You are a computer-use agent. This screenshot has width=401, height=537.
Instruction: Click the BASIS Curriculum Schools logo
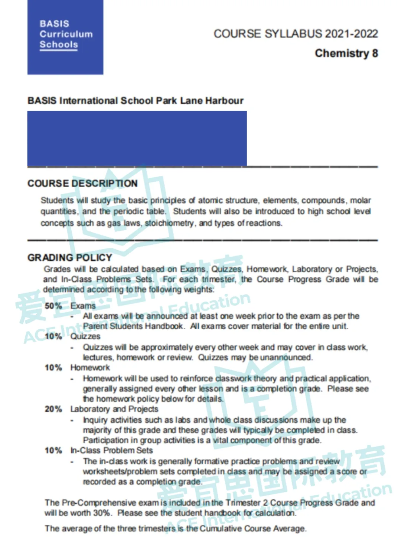pyautogui.click(x=65, y=37)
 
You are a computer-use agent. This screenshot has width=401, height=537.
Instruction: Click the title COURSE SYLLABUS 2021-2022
pyautogui.click(x=296, y=34)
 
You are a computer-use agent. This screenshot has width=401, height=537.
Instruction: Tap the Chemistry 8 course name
pyautogui.click(x=346, y=53)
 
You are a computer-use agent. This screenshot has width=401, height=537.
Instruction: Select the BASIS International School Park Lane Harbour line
pyautogui.click(x=136, y=101)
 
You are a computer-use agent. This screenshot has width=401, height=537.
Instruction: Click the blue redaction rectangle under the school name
pyautogui.click(x=137, y=138)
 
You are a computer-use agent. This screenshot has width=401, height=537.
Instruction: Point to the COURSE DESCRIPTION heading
pyautogui.click(x=82, y=184)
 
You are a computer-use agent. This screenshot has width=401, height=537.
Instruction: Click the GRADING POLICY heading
pyautogui.click(x=70, y=257)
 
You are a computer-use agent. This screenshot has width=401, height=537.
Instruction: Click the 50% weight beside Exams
pyautogui.click(x=53, y=306)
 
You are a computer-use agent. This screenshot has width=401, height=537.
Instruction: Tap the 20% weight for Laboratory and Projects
pyautogui.click(x=53, y=409)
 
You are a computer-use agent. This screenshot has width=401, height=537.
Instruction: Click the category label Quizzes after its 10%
pyautogui.click(x=85, y=336)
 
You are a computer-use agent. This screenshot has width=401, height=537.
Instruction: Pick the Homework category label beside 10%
pyautogui.click(x=90, y=368)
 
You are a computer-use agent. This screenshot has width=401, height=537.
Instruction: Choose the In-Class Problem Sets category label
pyautogui.click(x=111, y=450)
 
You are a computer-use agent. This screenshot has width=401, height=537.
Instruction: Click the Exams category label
pyautogui.click(x=83, y=306)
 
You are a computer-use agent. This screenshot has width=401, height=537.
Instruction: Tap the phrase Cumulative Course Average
pyautogui.click(x=252, y=528)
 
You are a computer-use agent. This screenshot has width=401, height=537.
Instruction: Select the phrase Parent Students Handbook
pyautogui.click(x=133, y=326)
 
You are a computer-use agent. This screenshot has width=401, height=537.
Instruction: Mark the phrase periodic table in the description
pyautogui.click(x=139, y=211)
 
